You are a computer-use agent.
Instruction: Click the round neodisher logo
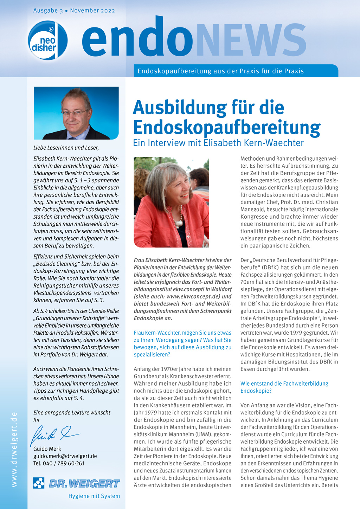(x=47, y=40)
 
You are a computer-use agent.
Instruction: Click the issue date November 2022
(x=92, y=11)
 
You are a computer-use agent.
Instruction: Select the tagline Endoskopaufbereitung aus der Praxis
(x=220, y=71)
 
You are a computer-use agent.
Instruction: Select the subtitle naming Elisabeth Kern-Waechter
(x=218, y=143)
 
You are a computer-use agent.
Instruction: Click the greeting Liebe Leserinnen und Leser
(x=66, y=148)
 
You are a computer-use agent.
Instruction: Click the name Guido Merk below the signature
(x=47, y=449)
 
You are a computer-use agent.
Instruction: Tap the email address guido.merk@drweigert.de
(x=65, y=456)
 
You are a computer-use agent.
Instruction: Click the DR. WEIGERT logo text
(x=84, y=484)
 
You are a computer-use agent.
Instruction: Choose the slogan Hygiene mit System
(x=94, y=496)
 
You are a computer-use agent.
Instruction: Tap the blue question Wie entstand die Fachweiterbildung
(x=284, y=384)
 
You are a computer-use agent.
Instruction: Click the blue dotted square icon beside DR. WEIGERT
(x=39, y=483)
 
